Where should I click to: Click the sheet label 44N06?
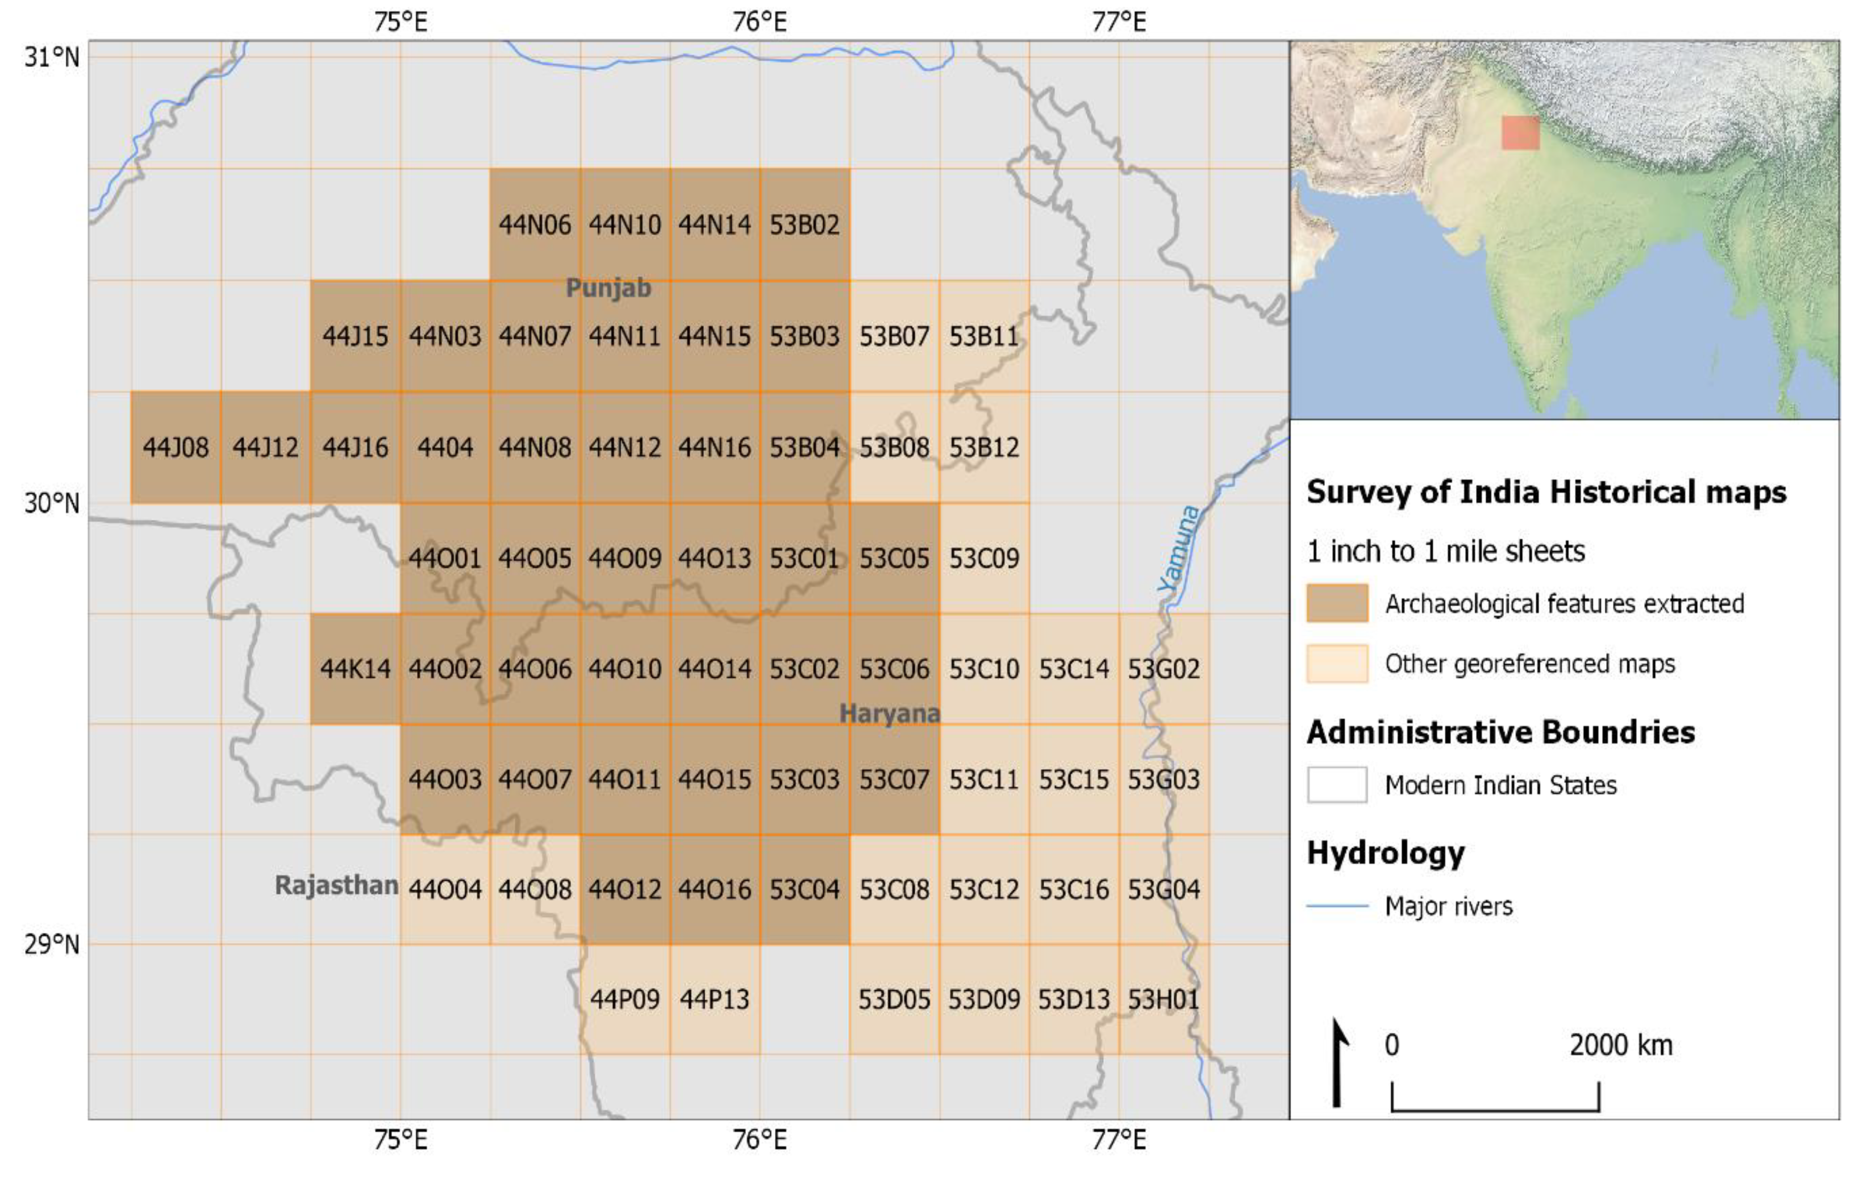click(534, 224)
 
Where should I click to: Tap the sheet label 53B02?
click(804, 224)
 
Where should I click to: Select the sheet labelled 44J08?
click(176, 448)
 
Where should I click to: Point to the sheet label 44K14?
click(355, 669)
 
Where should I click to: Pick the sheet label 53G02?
click(1164, 669)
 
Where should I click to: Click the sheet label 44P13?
click(715, 999)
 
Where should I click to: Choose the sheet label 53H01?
click(1164, 999)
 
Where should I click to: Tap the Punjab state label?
click(608, 289)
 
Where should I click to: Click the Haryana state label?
click(890, 713)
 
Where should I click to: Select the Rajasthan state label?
click(336, 885)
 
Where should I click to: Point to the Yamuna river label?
click(1178, 548)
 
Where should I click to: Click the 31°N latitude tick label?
click(51, 57)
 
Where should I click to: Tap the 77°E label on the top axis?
click(1119, 22)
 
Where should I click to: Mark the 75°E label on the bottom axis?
click(401, 1140)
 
